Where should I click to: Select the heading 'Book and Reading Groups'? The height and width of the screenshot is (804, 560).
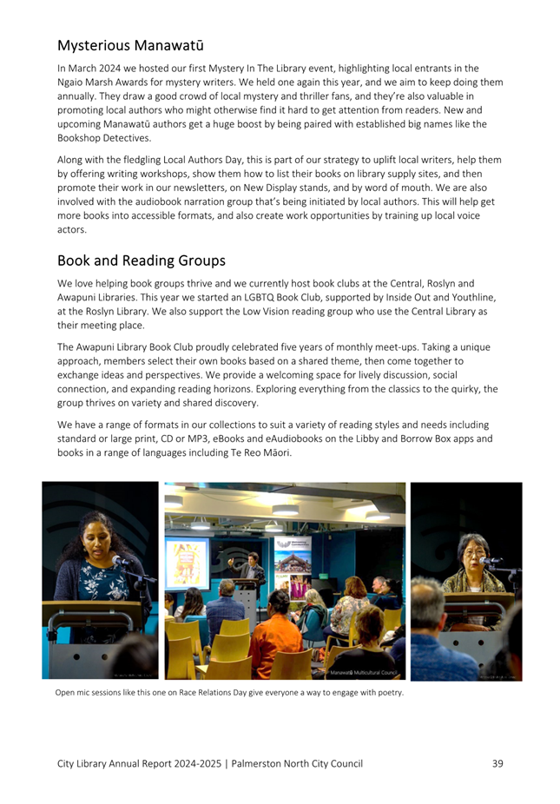point(142,260)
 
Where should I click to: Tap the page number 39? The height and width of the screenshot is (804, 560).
point(497,763)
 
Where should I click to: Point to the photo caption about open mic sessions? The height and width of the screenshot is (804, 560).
point(229,692)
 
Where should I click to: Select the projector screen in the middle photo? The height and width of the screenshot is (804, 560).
point(188,562)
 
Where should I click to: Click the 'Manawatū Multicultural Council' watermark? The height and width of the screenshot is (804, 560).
point(360,672)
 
